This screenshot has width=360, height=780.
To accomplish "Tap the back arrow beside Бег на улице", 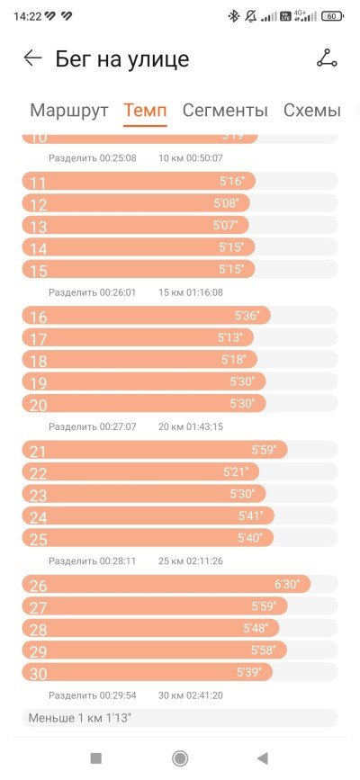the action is tap(33, 58).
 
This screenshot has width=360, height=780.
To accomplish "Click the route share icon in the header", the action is tap(327, 58).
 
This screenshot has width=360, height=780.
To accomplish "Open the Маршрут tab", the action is tap(68, 110).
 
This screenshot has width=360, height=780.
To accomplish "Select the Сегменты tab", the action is tap(225, 110).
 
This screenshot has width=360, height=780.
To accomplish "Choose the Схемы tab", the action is tap(312, 110).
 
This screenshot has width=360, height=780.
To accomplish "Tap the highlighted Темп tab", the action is tap(145, 110).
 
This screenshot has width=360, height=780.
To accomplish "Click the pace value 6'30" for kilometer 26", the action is tap(287, 584).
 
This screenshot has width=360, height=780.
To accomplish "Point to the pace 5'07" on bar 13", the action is tap(226, 225).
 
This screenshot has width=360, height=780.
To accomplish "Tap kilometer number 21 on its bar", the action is tap(38, 452).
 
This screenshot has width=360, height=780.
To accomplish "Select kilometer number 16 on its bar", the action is tap(38, 317).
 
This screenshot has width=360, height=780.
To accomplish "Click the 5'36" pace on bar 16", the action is tap(247, 316).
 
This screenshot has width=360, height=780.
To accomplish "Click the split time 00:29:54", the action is tap(118, 695).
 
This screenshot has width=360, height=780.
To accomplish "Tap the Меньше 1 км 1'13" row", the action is tap(179, 718).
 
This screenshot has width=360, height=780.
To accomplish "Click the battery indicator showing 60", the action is tap(333, 16).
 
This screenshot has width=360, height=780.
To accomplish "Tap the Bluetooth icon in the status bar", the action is tap(233, 16).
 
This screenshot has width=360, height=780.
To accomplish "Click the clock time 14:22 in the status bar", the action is tap(27, 16).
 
